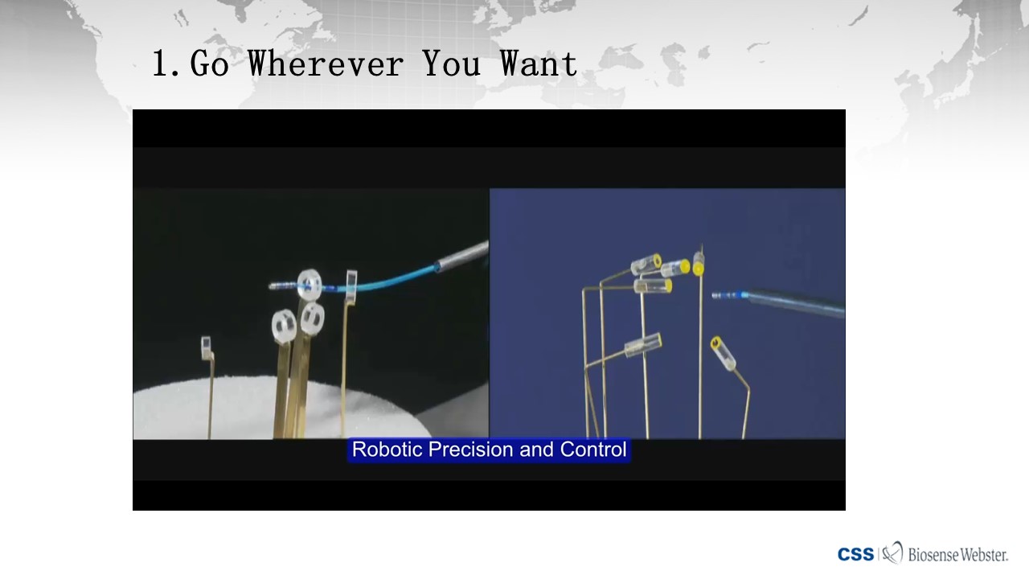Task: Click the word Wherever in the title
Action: (326, 64)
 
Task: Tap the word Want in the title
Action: (539, 64)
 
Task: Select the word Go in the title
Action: (209, 64)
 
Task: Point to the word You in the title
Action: (452, 64)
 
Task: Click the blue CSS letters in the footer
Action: (855, 555)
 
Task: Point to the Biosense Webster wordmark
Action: (957, 555)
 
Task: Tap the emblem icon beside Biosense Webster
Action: (892, 552)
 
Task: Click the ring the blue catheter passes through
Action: (310, 285)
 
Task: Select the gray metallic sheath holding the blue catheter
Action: (461, 257)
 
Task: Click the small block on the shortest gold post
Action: (206, 348)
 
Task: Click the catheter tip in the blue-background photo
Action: (729, 295)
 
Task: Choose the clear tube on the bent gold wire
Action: (723, 353)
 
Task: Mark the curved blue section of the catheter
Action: (386, 281)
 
